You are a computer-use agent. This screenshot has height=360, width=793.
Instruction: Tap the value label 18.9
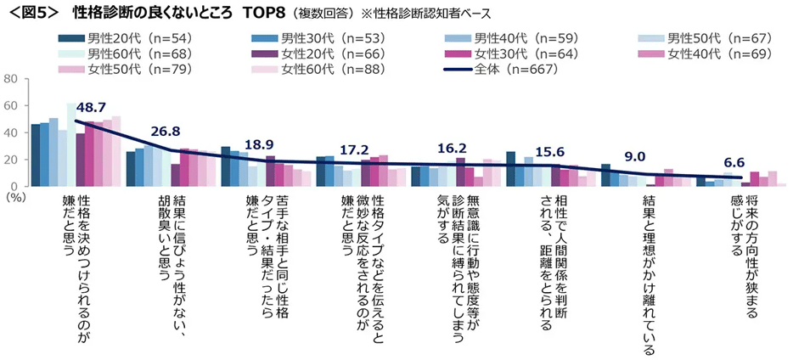point(260,145)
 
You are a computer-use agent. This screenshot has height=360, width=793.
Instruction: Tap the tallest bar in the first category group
point(70,144)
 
